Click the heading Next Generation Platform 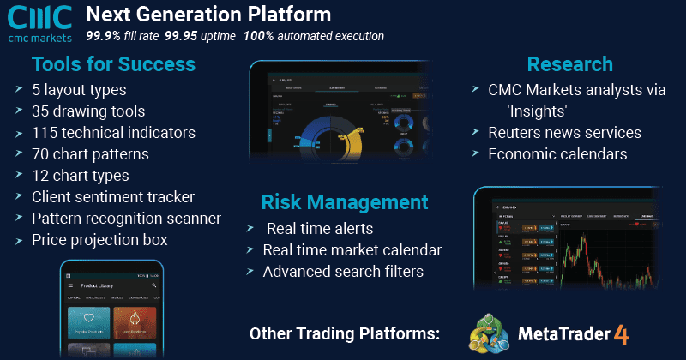click(x=208, y=15)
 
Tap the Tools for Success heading click(x=113, y=64)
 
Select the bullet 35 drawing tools click(x=89, y=111)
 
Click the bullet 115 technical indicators click(x=114, y=132)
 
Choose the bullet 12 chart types click(x=81, y=176)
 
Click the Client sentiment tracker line click(x=114, y=197)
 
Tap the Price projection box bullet click(x=99, y=240)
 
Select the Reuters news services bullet click(x=564, y=132)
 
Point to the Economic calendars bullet click(x=557, y=154)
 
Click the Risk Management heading click(x=345, y=202)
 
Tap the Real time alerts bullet click(x=320, y=228)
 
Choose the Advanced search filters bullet click(x=343, y=271)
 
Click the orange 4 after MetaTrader click(x=621, y=333)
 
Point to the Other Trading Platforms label click(x=344, y=333)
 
